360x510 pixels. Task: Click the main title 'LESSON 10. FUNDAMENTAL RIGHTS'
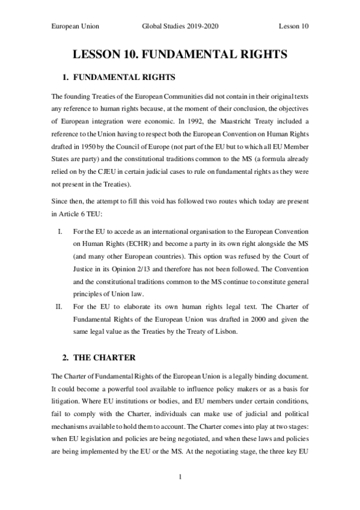[x=180, y=55]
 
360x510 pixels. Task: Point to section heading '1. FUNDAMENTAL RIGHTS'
[x=118, y=78]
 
